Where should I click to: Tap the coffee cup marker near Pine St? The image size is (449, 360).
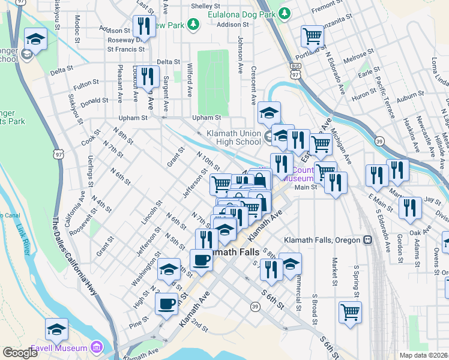click(x=166, y=303)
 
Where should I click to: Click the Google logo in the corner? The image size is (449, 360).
click(x=20, y=352)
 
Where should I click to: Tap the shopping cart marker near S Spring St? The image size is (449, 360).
click(x=350, y=311)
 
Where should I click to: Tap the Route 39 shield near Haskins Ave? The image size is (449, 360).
click(x=380, y=140)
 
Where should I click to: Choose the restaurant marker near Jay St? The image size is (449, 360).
click(x=411, y=208)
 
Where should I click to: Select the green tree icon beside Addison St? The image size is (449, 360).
click(x=193, y=24)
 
